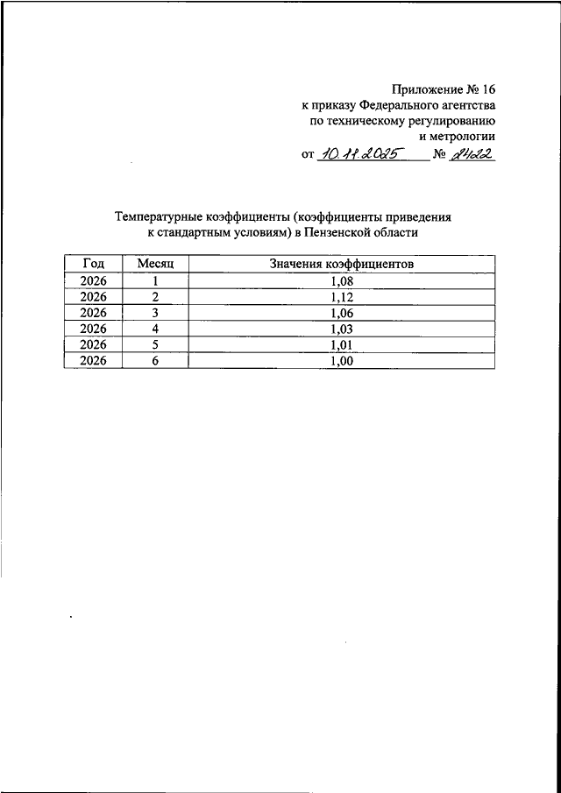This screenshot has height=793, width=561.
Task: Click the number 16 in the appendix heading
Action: coord(487,89)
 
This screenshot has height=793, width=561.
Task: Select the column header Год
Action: coord(93,263)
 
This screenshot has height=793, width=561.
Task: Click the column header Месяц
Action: coord(156,263)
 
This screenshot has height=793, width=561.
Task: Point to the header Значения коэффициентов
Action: coord(342,263)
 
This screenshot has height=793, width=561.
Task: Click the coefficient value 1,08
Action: coord(342,280)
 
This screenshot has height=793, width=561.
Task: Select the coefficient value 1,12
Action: coord(342,296)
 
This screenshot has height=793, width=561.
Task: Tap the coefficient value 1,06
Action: coord(342,312)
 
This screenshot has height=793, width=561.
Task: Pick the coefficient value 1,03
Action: coord(342,328)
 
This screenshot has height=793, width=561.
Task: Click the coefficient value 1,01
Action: coord(342,343)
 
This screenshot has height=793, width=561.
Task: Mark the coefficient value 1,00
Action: coord(342,359)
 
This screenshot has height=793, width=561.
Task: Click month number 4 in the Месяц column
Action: coord(154,328)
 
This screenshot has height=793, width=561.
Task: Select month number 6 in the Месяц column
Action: coord(154,359)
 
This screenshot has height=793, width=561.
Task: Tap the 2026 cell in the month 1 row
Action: coord(93,280)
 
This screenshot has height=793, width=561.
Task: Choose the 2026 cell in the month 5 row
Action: coord(93,343)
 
